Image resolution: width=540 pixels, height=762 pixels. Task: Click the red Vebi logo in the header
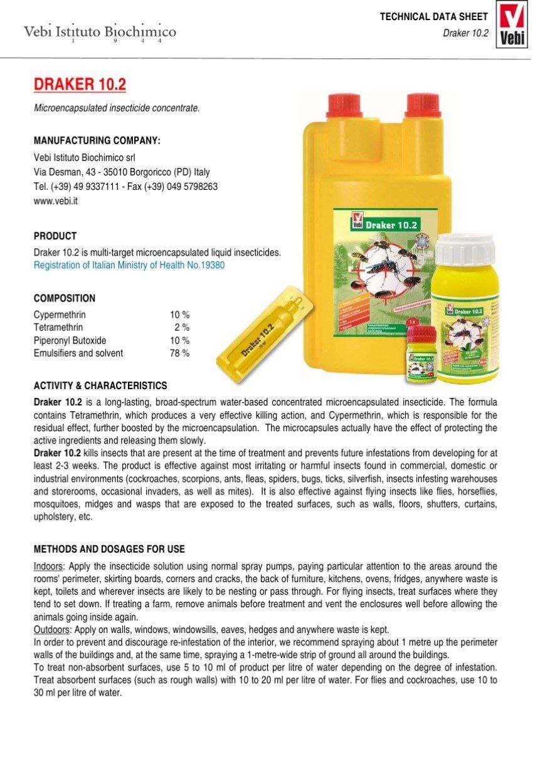click(511, 25)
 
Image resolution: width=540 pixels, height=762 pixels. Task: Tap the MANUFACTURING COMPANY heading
click(97, 140)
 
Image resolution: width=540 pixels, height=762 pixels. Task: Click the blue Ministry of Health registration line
click(129, 265)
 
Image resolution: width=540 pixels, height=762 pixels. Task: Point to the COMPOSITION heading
click(64, 298)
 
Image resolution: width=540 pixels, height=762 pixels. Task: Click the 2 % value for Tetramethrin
click(182, 327)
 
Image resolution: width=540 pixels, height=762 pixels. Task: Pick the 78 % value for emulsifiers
click(179, 353)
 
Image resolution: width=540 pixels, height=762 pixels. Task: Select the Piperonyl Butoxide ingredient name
click(70, 340)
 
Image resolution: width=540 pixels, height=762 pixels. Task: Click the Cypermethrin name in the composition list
click(60, 315)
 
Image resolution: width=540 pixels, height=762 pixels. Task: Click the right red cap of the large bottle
click(423, 105)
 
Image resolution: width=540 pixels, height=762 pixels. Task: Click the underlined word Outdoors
click(50, 630)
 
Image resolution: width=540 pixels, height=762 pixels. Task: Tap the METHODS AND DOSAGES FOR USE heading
click(109, 549)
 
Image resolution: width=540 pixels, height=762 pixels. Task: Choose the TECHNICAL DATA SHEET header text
click(433, 17)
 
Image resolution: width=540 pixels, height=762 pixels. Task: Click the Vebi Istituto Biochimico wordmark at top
click(100, 32)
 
